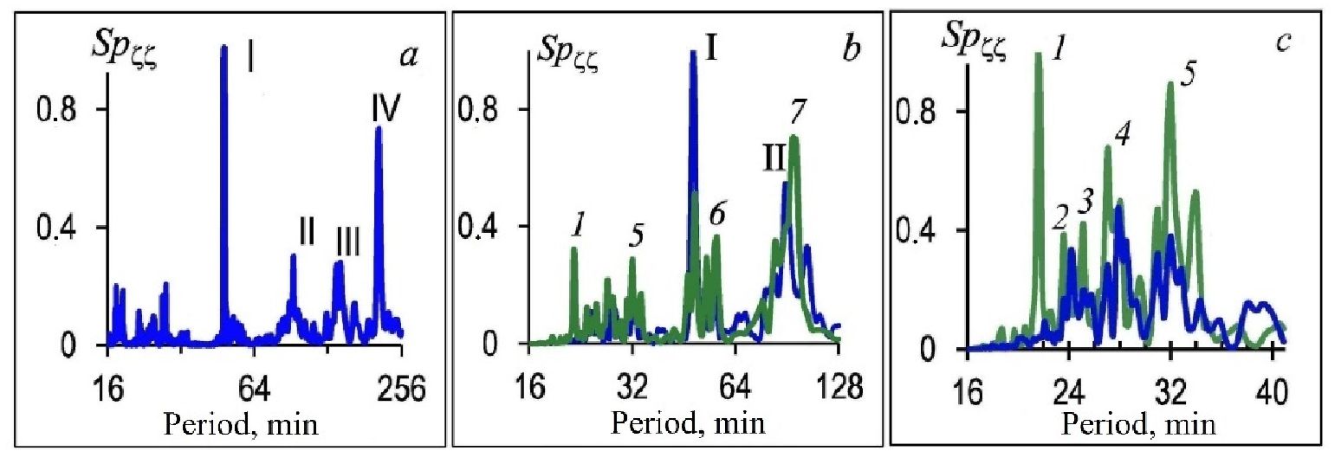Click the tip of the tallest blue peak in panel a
[223, 47]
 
